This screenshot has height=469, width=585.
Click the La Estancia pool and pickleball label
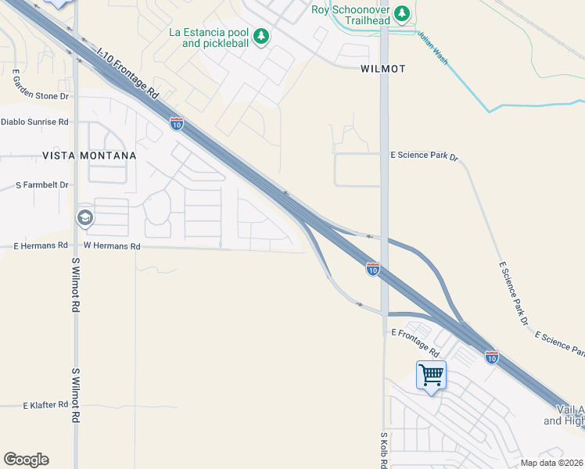pos(209,38)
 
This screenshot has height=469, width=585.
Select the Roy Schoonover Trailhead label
pos(350,9)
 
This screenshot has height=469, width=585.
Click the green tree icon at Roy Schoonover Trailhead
pos(402,13)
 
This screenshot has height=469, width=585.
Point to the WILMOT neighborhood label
pos(383,69)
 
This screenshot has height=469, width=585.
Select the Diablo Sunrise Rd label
pos(35,122)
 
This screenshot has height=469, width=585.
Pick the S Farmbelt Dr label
pos(42,185)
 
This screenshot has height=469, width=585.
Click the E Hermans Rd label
pos(40,245)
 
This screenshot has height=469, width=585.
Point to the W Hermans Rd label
pos(112,245)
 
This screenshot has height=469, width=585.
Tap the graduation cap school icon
pos(84,217)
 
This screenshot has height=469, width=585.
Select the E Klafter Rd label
pos(45,406)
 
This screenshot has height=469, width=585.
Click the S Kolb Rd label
pos(384,449)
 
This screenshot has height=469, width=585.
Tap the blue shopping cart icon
pos(431,375)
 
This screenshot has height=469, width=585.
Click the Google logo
pos(26,460)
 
